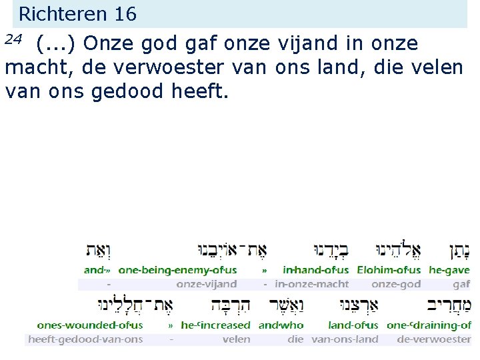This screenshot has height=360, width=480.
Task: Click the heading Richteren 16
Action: click(77, 13)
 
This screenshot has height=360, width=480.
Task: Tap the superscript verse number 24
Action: click(13, 39)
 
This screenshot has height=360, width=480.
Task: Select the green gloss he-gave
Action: click(449, 270)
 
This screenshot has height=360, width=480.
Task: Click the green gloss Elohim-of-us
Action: click(389, 270)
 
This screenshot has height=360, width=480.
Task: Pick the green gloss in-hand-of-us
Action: click(315, 270)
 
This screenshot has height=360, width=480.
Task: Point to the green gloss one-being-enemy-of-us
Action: click(177, 270)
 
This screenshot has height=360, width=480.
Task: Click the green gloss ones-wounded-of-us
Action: click(90, 325)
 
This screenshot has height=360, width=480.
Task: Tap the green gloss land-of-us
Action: click(353, 325)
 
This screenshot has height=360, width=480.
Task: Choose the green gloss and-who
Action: click(281, 325)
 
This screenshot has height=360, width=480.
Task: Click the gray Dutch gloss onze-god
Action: click(396, 284)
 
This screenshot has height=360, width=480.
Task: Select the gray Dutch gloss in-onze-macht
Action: click(311, 284)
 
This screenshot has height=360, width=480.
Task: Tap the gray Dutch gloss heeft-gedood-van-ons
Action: click(85, 339)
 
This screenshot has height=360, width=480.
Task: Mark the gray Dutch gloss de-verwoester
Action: click(433, 339)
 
